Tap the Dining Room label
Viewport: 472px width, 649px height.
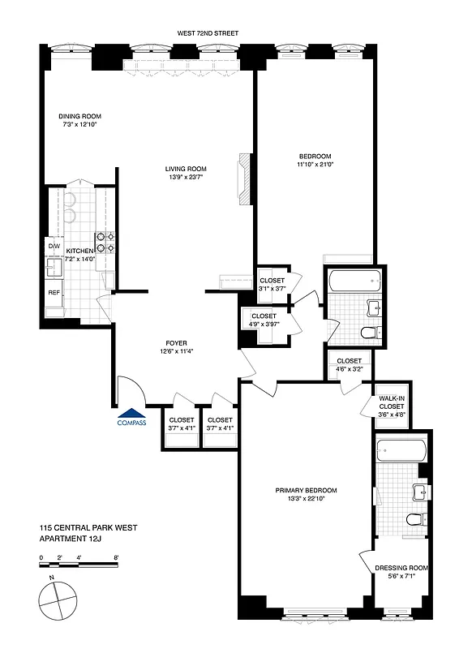point(79,116)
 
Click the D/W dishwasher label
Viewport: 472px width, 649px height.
point(54,245)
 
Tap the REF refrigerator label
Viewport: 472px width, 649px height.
point(54,292)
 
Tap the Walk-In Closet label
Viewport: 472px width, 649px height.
point(392,402)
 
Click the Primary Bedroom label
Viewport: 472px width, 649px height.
point(306,490)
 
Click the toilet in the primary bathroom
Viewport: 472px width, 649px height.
point(416,518)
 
